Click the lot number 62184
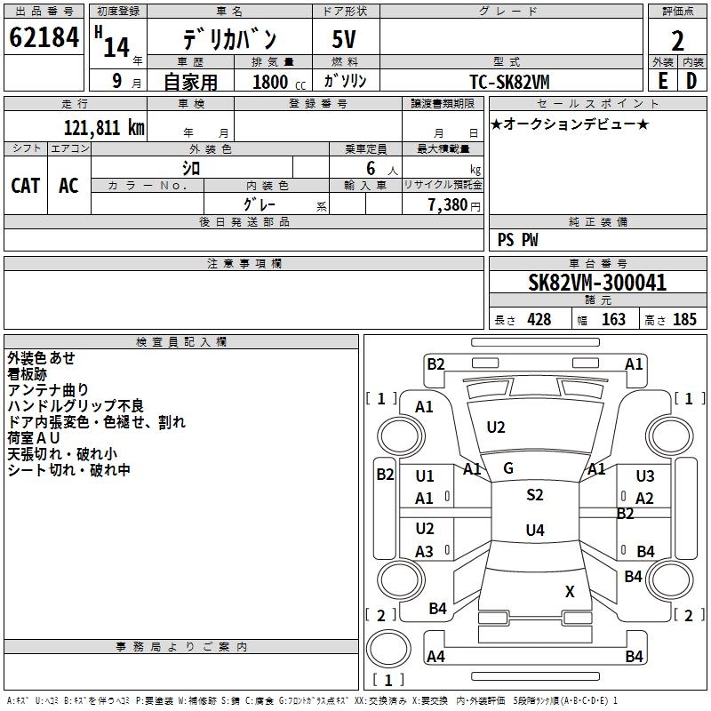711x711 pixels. pyautogui.click(x=44, y=36)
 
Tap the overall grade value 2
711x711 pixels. pyautogui.click(x=677, y=41)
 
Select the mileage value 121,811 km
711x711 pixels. pyautogui.click(x=104, y=127)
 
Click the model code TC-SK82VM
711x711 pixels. pyautogui.click(x=509, y=82)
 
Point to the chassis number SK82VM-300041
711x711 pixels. pyautogui.click(x=597, y=283)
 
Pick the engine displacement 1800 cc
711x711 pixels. pyautogui.click(x=279, y=82)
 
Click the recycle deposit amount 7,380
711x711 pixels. pyautogui.click(x=448, y=204)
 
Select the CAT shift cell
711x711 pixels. pyautogui.click(x=26, y=186)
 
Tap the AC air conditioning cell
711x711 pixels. pyautogui.click(x=69, y=186)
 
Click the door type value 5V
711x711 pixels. pyautogui.click(x=344, y=39)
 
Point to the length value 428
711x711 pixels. pyautogui.click(x=539, y=319)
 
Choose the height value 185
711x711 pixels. pyautogui.click(x=684, y=319)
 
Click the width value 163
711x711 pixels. pyautogui.click(x=613, y=319)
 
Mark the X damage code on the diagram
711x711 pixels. pyautogui.click(x=570, y=591)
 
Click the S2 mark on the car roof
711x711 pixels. pyautogui.click(x=535, y=494)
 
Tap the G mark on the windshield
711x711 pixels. pyautogui.click(x=508, y=468)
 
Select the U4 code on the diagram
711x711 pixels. pyautogui.click(x=535, y=530)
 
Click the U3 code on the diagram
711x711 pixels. pyautogui.click(x=645, y=475)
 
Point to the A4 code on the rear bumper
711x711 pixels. pyautogui.click(x=435, y=656)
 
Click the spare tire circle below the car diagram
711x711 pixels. pyautogui.click(x=388, y=649)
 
